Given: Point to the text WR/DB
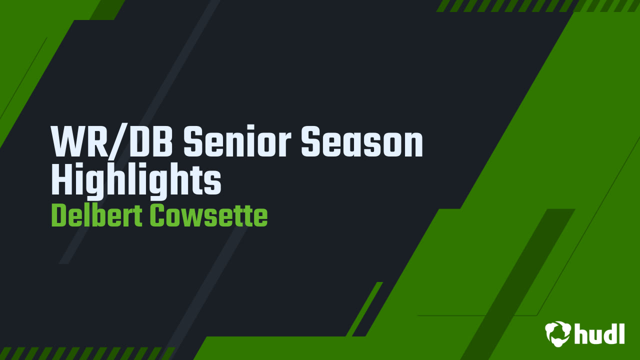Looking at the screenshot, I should [x=112, y=142].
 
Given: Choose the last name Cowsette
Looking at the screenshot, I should [x=208, y=216].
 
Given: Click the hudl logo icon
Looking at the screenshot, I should [x=558, y=333].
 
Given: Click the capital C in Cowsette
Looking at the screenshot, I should [x=156, y=216].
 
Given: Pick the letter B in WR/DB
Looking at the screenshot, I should [x=161, y=142].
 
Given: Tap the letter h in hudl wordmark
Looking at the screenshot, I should [x=581, y=333].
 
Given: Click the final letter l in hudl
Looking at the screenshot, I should [x=621, y=333].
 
